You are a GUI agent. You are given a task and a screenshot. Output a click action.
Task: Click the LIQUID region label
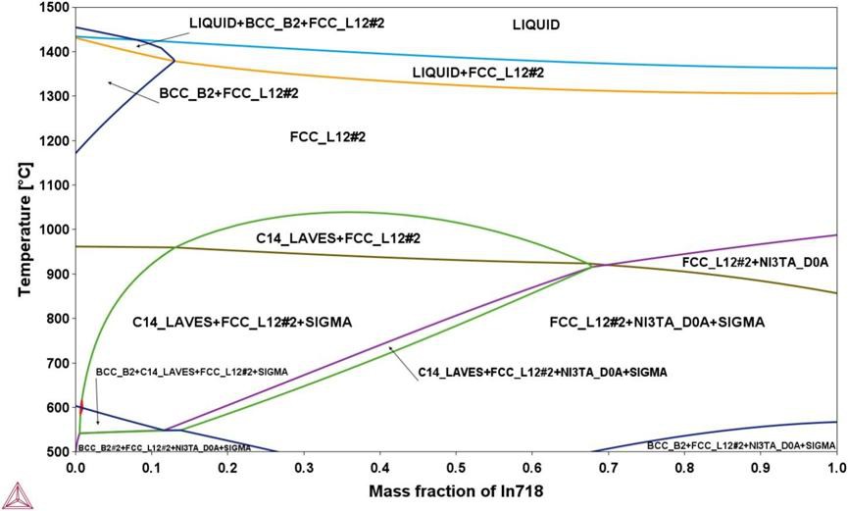pyautogui.click(x=536, y=26)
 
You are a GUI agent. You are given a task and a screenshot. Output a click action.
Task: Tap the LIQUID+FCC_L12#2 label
pyautogui.click(x=477, y=73)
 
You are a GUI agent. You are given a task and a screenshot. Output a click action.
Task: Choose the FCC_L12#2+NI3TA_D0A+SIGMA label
pyautogui.click(x=657, y=322)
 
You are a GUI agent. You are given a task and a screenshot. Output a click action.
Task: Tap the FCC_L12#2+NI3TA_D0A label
pyautogui.click(x=756, y=262)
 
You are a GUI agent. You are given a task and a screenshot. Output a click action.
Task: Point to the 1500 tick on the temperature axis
pyautogui.click(x=56, y=8)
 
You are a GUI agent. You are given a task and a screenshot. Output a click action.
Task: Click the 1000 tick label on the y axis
pyautogui.click(x=56, y=230)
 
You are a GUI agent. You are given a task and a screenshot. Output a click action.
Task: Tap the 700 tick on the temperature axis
pyautogui.click(x=59, y=363)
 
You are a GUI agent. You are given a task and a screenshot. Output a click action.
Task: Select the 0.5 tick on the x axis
pyautogui.click(x=456, y=468)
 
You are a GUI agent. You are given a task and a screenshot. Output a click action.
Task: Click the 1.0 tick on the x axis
pyautogui.click(x=835, y=468)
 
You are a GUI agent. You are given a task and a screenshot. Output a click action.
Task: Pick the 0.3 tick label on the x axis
pyautogui.click(x=304, y=468)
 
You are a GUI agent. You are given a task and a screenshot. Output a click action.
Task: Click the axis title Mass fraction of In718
pyautogui.click(x=455, y=489)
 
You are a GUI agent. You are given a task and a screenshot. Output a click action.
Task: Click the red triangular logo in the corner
pyautogui.click(x=13, y=494)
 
